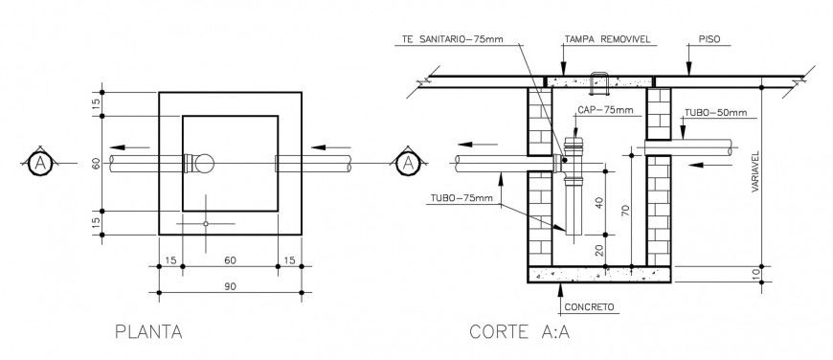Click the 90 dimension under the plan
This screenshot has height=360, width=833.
click(x=230, y=285)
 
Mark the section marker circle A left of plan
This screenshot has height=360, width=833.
click(x=39, y=163)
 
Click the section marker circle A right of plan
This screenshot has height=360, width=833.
click(x=408, y=163)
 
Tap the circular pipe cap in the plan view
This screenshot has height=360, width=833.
click(x=207, y=163)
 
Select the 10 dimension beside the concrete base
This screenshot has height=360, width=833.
click(x=757, y=276)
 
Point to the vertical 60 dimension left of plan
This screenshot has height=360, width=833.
click(x=96, y=163)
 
